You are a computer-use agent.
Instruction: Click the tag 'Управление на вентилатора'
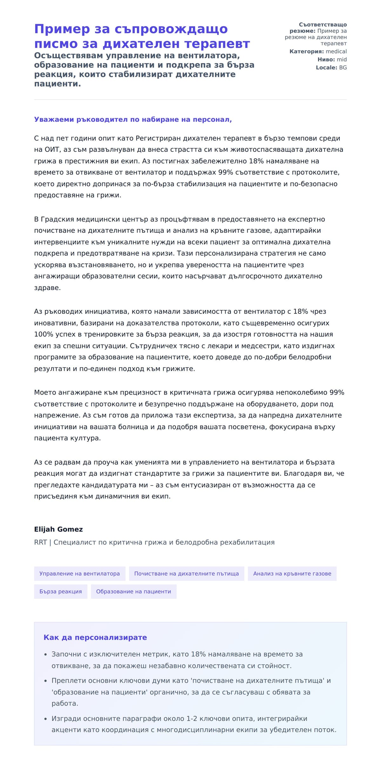79,573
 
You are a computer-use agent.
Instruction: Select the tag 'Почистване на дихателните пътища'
186,573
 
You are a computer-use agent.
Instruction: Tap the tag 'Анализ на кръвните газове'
292,573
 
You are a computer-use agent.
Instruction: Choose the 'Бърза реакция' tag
61,591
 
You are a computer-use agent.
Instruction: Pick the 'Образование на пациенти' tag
133,591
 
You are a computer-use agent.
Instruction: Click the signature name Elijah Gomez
58,529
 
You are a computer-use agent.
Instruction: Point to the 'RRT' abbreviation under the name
40,542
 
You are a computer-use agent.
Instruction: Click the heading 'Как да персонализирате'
95,637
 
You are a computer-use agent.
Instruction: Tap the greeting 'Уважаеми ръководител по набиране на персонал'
133,119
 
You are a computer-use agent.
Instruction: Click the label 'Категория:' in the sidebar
306,51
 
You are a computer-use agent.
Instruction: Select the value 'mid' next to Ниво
342,59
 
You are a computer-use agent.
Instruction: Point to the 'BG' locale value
343,68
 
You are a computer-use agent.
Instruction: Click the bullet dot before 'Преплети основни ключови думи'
45,681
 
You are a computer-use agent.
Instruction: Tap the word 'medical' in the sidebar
336,51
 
